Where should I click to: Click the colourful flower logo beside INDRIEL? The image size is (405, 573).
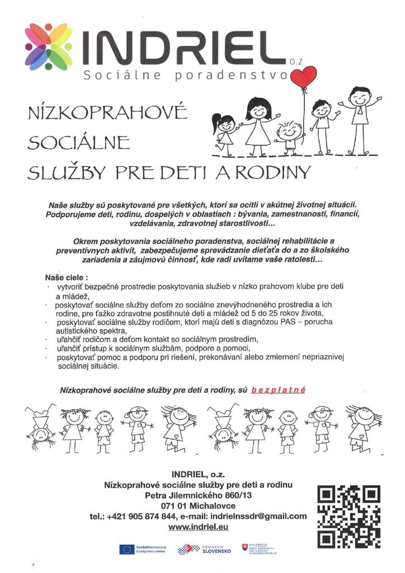[x=48, y=48]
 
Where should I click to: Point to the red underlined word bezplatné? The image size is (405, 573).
[x=278, y=389]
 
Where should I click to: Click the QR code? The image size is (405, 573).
[x=349, y=516]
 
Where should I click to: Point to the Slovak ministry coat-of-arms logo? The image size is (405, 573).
[x=245, y=547]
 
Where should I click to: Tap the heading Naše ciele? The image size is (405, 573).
[x=67, y=277]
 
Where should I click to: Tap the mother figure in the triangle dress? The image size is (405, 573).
[x=258, y=126]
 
